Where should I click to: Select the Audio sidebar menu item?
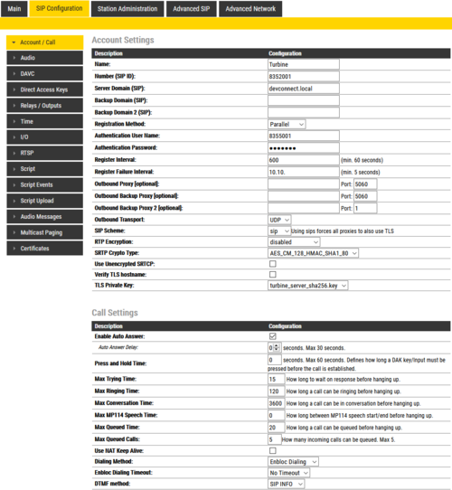[x=44, y=58]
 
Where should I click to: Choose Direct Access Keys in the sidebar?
[x=44, y=90]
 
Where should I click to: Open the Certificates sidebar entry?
[x=44, y=248]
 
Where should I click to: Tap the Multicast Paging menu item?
[x=44, y=231]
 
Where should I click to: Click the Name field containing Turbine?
[x=302, y=65]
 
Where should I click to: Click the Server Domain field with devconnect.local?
[x=302, y=89]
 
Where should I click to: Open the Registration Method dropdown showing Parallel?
[x=287, y=124]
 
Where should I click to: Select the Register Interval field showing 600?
[x=302, y=159]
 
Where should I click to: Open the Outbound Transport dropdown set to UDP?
[x=279, y=219]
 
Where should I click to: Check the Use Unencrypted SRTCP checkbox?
[x=273, y=265]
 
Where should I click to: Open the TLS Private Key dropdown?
[x=307, y=286]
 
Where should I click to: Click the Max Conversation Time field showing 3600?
[x=277, y=403]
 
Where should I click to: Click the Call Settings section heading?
[x=115, y=313]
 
